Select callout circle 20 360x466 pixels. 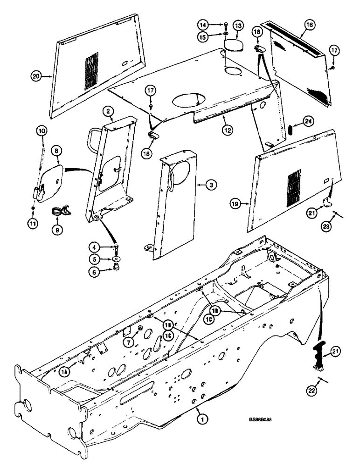coord(35,75)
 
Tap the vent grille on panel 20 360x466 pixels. coord(92,72)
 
